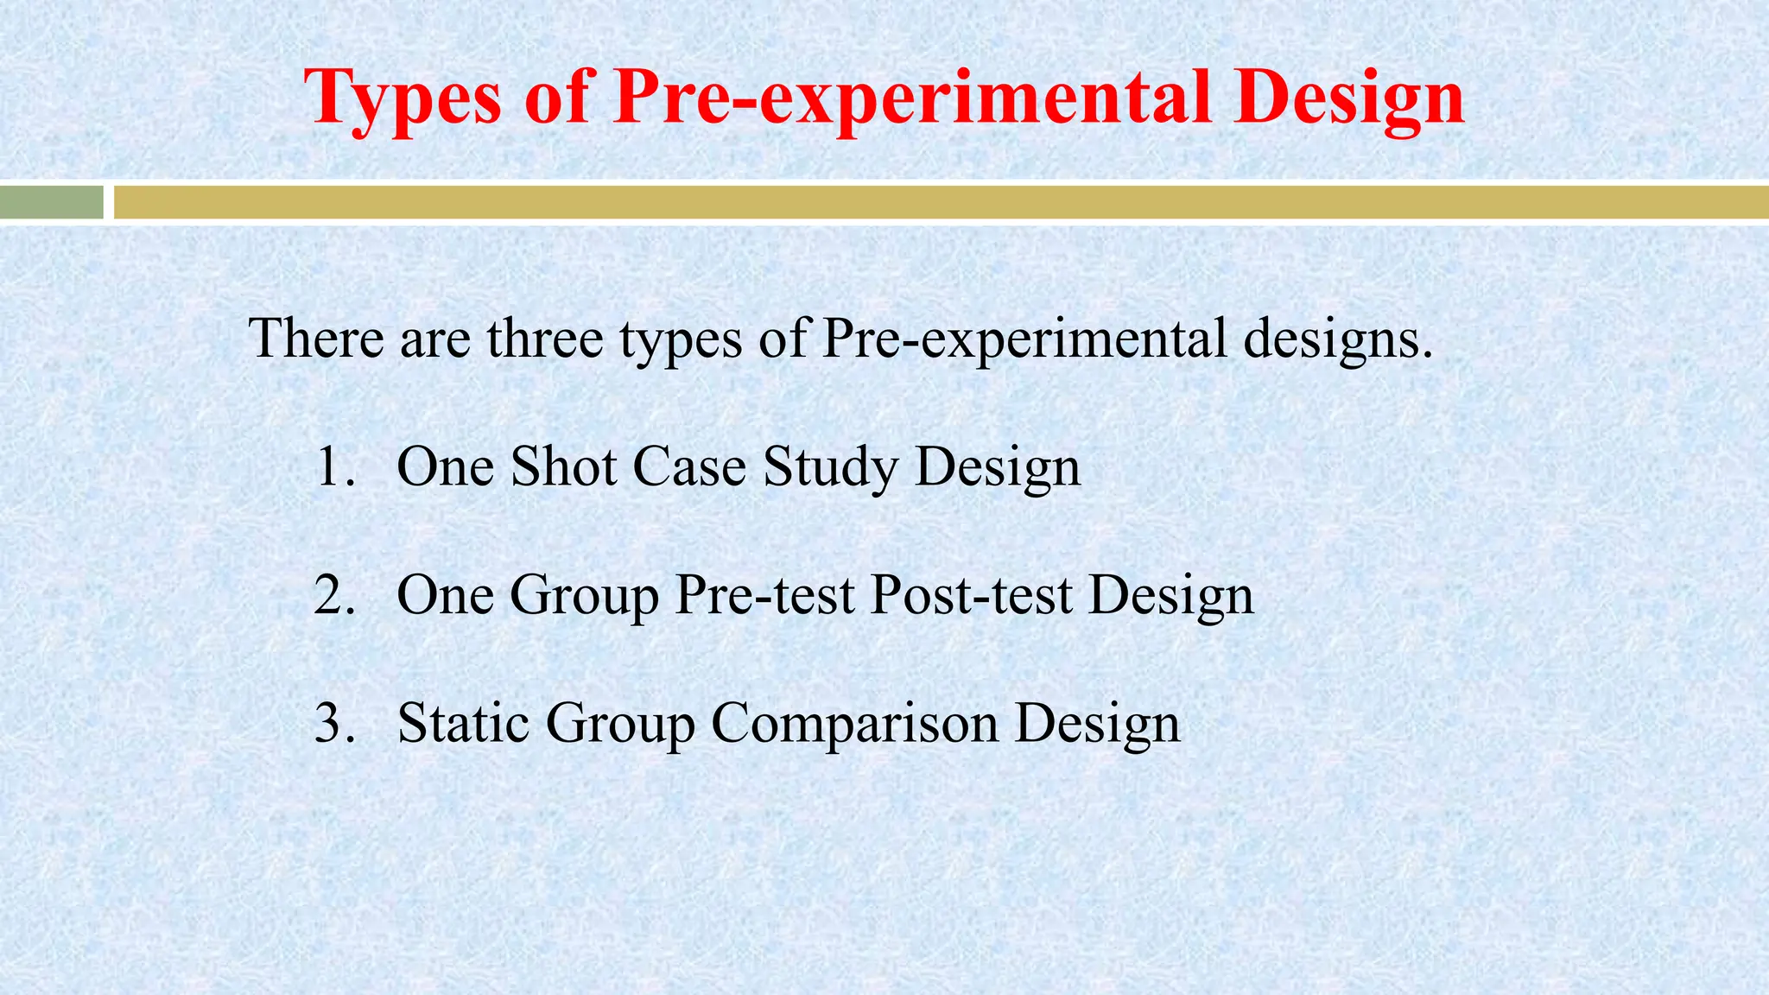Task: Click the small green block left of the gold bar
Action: tap(52, 203)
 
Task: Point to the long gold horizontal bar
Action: tap(942, 203)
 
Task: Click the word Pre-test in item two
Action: tap(765, 595)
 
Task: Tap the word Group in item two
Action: tap(585, 597)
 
